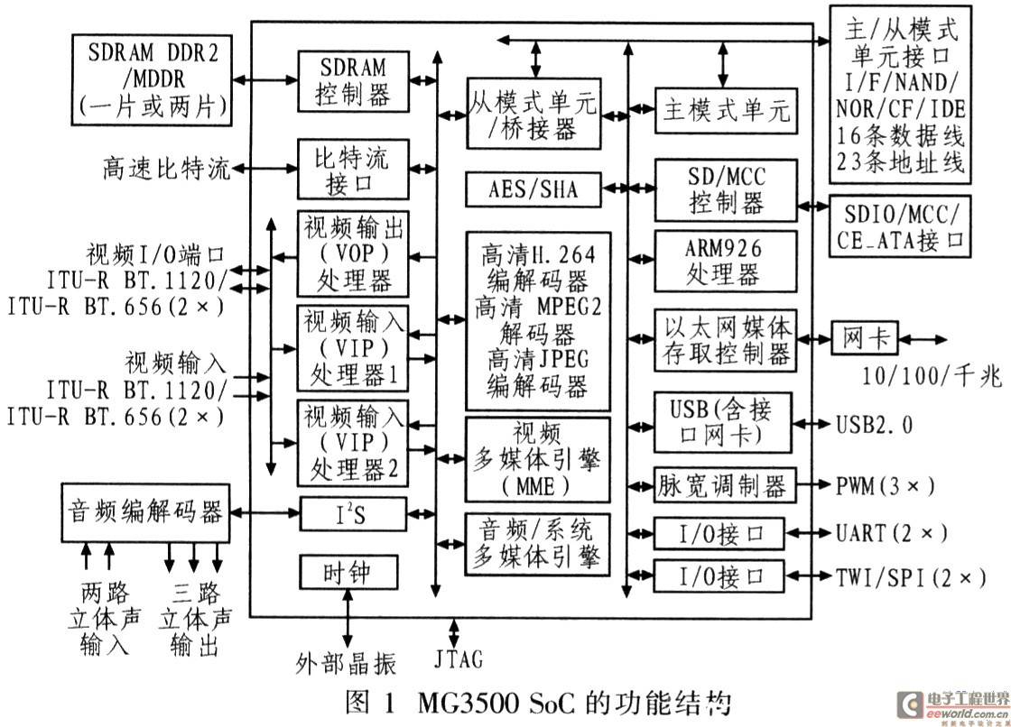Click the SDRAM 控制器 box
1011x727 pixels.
353,82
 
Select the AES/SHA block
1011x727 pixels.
533,189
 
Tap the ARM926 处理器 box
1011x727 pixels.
726,261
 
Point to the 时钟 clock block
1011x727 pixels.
348,572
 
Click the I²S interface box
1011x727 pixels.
353,513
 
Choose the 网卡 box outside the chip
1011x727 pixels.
863,338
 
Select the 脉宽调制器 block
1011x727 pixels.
725,485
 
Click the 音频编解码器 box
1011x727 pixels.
145,512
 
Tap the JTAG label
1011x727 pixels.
459,659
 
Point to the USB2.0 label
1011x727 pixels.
875,425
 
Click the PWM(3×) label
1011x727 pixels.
885,485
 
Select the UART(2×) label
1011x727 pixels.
892,533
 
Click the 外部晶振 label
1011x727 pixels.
346,663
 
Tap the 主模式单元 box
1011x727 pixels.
726,110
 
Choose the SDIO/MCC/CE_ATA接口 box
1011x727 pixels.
899,226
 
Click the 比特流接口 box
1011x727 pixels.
353,169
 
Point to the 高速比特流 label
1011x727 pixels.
166,169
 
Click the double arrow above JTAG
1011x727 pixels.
455,633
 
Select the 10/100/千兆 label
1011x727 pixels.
932,375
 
